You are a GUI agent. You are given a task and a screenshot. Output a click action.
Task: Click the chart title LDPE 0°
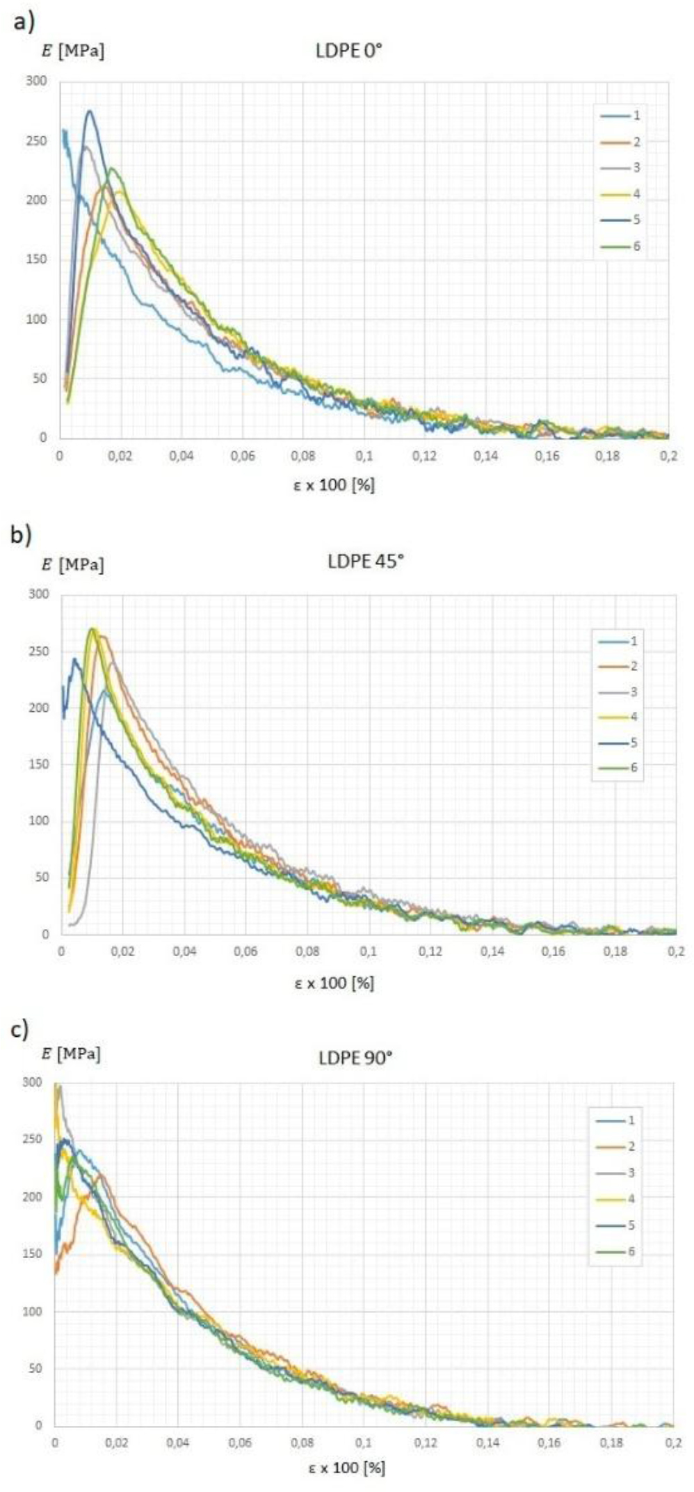tap(348, 51)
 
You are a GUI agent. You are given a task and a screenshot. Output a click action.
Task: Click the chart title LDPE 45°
tap(365, 561)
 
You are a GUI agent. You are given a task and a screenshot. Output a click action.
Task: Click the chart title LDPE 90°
tap(355, 1058)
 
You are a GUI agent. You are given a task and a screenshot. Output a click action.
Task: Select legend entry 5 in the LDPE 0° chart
tap(620, 221)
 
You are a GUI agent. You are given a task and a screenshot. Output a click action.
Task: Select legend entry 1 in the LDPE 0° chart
tap(620, 116)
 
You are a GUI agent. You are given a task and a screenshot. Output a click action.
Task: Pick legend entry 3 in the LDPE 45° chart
tap(618, 692)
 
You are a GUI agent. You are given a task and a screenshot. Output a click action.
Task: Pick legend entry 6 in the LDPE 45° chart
tap(618, 768)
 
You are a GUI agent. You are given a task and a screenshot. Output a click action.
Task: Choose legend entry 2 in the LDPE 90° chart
tap(614, 1146)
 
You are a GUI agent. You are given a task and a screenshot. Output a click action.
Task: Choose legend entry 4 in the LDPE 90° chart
tap(614, 1199)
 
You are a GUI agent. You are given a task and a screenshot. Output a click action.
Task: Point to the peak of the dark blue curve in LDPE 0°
tap(90, 111)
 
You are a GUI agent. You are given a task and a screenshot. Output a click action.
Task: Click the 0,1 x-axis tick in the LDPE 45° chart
tap(369, 951)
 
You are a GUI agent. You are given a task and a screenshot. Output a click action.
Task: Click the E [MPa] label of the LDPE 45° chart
tap(72, 564)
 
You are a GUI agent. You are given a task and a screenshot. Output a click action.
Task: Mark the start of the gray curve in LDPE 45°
tap(69, 925)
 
